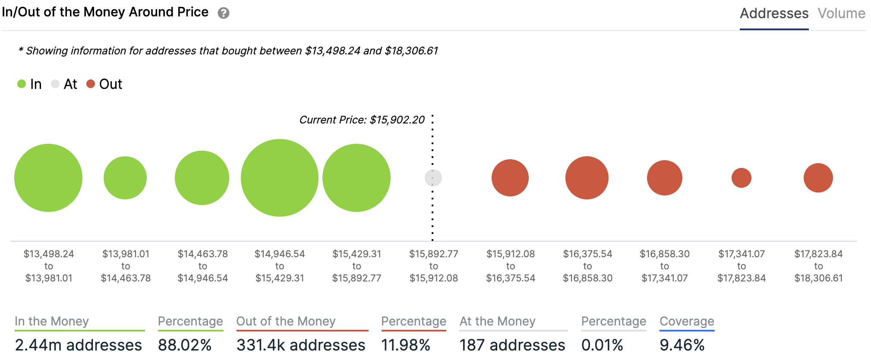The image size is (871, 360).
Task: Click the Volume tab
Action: [x=841, y=13]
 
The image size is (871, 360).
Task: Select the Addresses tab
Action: [x=774, y=13]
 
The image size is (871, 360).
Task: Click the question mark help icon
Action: [x=223, y=13]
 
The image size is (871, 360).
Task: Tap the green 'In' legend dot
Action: [x=22, y=84]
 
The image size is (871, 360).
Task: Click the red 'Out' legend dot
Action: [x=91, y=84]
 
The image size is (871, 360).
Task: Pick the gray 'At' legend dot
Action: [x=55, y=84]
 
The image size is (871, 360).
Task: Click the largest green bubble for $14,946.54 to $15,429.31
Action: [x=280, y=178]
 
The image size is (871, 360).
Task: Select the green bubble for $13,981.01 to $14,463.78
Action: [x=125, y=178]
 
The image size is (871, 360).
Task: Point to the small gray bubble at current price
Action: [x=433, y=178]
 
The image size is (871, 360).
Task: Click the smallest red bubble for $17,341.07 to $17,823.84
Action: [x=742, y=178]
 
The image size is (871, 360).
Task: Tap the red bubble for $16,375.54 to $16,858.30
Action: [x=587, y=178]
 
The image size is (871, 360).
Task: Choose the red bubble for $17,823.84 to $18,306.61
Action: [x=818, y=178]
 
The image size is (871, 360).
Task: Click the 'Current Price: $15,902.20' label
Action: [x=362, y=120]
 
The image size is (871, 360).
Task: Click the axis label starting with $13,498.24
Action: [x=49, y=266]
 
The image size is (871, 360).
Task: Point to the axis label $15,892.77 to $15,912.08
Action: [x=434, y=266]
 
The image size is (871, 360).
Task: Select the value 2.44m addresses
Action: [x=79, y=345]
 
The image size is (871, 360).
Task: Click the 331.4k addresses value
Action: [x=301, y=345]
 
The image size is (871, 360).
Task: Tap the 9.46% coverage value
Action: [x=682, y=345]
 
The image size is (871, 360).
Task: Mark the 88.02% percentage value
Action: [x=185, y=345]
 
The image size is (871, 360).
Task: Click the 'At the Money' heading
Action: [x=497, y=321]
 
